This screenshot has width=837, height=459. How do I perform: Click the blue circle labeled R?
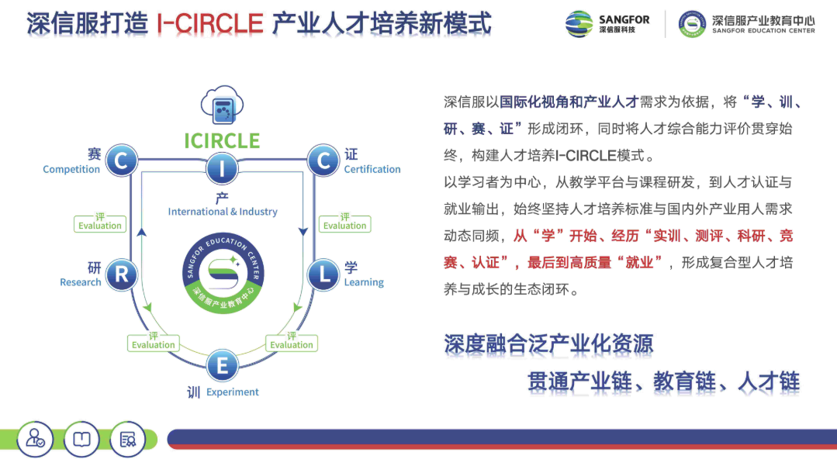point(121,274)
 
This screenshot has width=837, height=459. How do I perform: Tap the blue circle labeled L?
point(323,274)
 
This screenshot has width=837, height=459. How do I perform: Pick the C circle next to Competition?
point(121,161)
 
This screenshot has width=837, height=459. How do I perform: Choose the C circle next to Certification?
point(323,161)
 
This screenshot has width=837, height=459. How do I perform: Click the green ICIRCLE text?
point(222,141)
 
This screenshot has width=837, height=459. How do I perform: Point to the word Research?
point(81,282)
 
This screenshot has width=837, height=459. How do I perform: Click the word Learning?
point(364,282)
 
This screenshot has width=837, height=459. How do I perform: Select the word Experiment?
point(233,392)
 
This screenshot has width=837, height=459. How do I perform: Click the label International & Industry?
point(223,212)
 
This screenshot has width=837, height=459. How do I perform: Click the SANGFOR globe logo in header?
point(579,24)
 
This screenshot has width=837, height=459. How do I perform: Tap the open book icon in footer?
point(81,439)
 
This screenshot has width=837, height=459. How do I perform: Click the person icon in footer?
point(35,439)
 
